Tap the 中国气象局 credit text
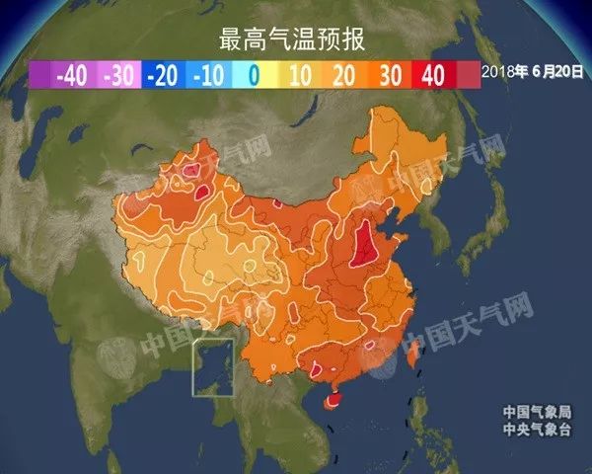[537, 412]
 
